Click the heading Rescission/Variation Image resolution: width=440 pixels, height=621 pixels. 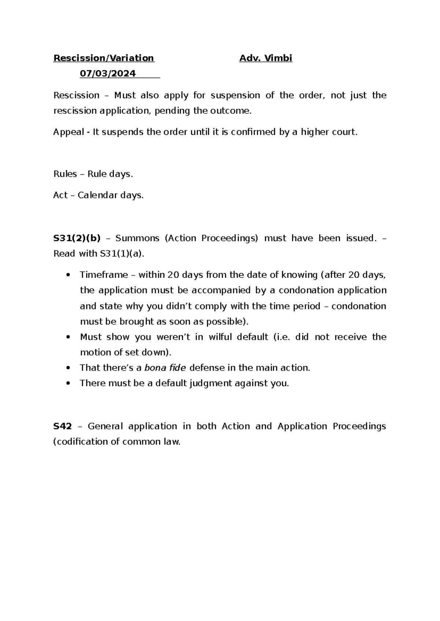point(104,58)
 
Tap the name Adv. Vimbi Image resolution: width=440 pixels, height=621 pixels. point(266,58)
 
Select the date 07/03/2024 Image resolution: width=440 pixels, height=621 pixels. point(108,74)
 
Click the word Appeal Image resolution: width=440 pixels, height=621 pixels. point(69,132)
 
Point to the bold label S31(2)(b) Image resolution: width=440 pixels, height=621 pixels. point(77,238)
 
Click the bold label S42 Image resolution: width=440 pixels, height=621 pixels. point(62,426)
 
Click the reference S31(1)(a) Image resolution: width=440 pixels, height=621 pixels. point(121,254)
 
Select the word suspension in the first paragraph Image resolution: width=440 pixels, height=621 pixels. point(235,96)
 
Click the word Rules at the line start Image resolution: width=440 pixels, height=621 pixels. point(65,174)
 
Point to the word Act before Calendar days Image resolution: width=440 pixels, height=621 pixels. point(60,196)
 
